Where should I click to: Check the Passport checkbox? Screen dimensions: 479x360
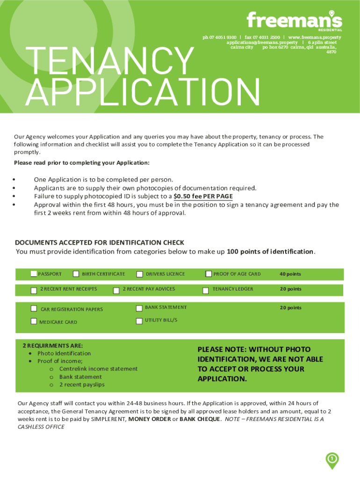coord(34,274)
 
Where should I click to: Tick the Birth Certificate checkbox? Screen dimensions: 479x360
coord(76,274)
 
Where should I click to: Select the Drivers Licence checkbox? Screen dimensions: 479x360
coord(139,274)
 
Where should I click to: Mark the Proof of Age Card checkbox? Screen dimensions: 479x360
coord(209,274)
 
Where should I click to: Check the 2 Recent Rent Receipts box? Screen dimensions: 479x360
coord(34,290)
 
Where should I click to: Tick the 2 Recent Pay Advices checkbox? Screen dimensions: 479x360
coord(116,290)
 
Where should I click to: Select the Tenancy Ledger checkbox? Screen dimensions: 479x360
coord(205,290)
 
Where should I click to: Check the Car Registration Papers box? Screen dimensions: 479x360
coord(34,309)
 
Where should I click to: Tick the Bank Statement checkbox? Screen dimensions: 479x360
coord(139,308)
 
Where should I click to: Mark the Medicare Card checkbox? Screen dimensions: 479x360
coord(34,321)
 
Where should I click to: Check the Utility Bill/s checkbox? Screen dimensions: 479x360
coord(139,321)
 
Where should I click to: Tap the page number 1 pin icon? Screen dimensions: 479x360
coord(331,460)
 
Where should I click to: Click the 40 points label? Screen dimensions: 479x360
coord(290,274)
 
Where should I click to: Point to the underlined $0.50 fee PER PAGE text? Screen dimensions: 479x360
coord(203,196)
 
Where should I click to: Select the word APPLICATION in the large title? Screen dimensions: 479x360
coord(143,92)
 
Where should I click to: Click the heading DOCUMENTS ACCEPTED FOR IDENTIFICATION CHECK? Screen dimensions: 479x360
coord(100,242)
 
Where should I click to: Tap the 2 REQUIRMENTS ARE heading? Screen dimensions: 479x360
coord(53,345)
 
